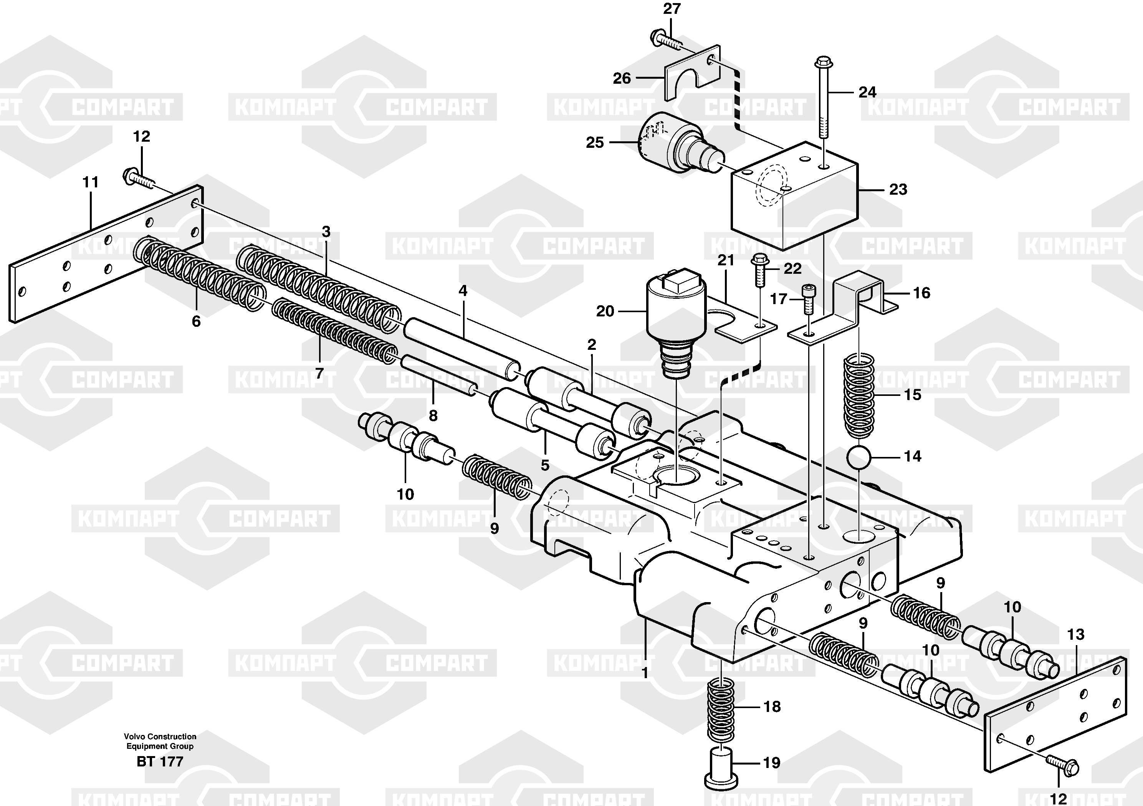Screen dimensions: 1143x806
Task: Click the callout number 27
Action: pyautogui.click(x=672, y=9)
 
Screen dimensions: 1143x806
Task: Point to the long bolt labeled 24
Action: pyautogui.click(x=822, y=98)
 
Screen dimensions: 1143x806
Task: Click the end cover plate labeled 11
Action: pyautogui.click(x=106, y=254)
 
